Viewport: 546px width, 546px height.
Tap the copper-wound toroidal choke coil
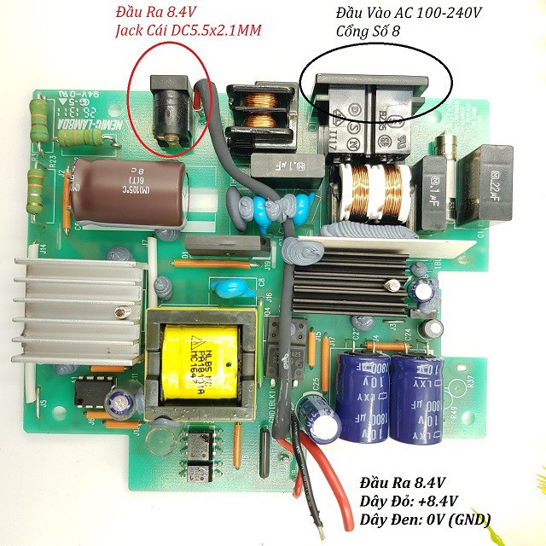coord(372,191)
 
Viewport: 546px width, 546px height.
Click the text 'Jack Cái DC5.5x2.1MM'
coord(188,32)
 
